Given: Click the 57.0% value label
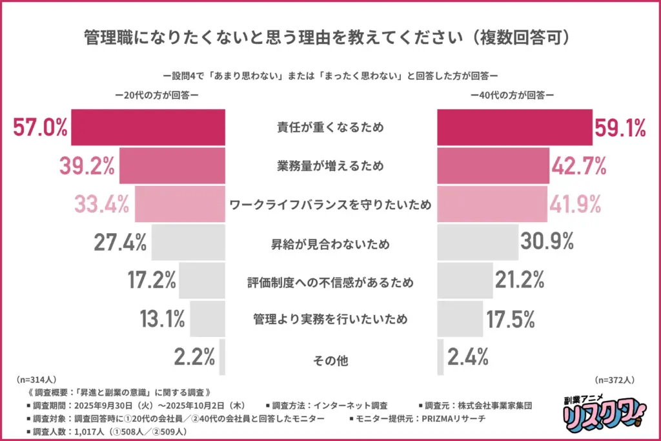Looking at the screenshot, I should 40,128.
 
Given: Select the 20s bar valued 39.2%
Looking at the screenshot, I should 172,167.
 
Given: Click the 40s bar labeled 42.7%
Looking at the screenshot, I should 493,167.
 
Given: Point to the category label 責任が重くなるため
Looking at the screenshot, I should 330,128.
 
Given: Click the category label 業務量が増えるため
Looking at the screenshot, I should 330,167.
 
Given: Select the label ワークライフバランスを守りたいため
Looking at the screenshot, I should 330,205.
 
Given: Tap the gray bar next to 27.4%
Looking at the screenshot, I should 188,243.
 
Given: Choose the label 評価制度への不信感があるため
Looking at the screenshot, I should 330,282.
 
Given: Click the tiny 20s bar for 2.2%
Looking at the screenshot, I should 222,357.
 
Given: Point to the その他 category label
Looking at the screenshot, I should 330,360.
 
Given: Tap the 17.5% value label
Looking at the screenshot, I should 511,319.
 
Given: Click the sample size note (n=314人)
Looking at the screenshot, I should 37,381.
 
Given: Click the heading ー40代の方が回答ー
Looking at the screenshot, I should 513,95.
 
